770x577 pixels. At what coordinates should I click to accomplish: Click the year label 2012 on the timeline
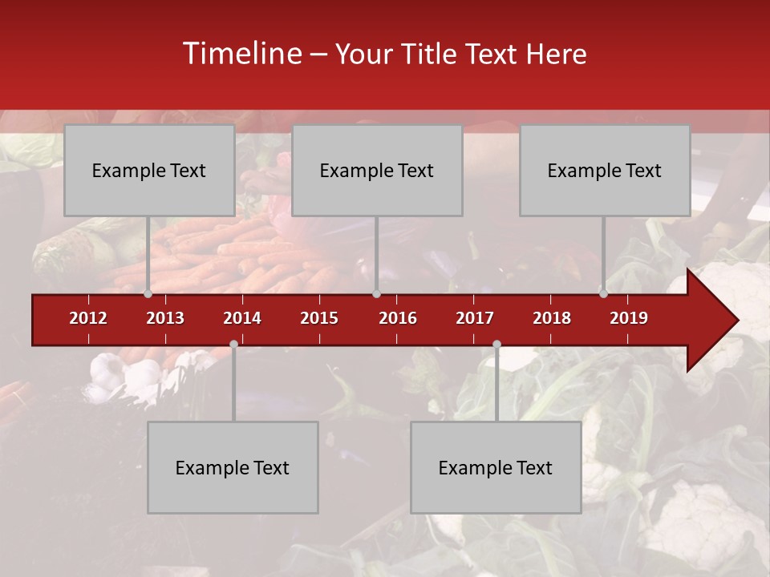(88, 318)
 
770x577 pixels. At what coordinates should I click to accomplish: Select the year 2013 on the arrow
(165, 318)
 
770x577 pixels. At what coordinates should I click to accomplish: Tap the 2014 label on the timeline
(242, 318)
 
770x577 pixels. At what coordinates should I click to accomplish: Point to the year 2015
(319, 318)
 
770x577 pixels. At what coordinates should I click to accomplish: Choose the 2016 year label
(398, 318)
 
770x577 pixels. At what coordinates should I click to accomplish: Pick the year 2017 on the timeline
(475, 318)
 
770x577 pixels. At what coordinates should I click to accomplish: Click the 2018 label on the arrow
(552, 318)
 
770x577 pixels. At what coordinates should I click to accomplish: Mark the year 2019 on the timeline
(629, 318)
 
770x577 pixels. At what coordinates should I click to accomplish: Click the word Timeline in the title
(241, 54)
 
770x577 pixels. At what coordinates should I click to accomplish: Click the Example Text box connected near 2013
(149, 170)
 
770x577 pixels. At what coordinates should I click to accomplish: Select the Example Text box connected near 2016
(377, 170)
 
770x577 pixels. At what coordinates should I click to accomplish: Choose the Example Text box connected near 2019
(605, 170)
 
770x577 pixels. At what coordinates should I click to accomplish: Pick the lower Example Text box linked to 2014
(233, 467)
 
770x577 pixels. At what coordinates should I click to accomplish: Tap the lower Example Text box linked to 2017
(496, 467)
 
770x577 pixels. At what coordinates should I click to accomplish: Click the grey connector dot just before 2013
(148, 293)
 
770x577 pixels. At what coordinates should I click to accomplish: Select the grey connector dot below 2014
(233, 344)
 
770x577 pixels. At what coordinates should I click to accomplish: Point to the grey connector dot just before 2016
(376, 293)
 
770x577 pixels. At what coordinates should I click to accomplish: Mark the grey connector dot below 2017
(496, 344)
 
